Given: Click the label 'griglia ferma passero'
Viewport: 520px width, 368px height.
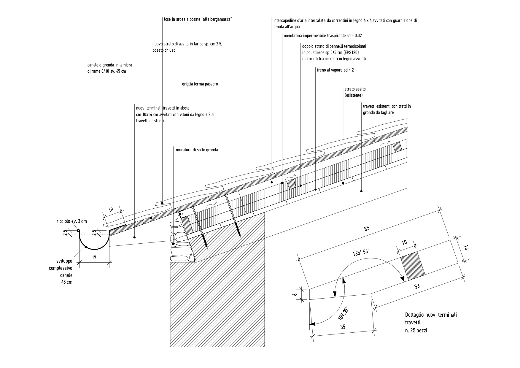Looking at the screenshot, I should (x=200, y=84).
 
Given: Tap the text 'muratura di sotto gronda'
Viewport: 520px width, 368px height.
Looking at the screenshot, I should (x=197, y=150).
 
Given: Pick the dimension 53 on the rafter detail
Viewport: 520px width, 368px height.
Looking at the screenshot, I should (x=417, y=286).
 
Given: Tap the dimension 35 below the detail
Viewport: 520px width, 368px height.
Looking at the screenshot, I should (x=343, y=327).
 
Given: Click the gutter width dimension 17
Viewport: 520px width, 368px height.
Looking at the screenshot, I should (x=94, y=258).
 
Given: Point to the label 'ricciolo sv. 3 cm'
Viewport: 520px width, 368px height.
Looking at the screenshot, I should (x=71, y=221).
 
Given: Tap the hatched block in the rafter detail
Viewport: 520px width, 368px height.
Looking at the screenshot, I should (x=413, y=266).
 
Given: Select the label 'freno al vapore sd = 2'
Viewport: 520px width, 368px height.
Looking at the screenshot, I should (x=335, y=70).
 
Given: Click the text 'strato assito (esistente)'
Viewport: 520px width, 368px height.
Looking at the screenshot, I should (x=355, y=92).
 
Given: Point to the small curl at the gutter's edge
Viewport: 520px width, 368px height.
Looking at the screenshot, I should (x=78, y=231).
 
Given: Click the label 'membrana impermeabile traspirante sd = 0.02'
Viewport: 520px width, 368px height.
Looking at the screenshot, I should (x=322, y=36).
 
